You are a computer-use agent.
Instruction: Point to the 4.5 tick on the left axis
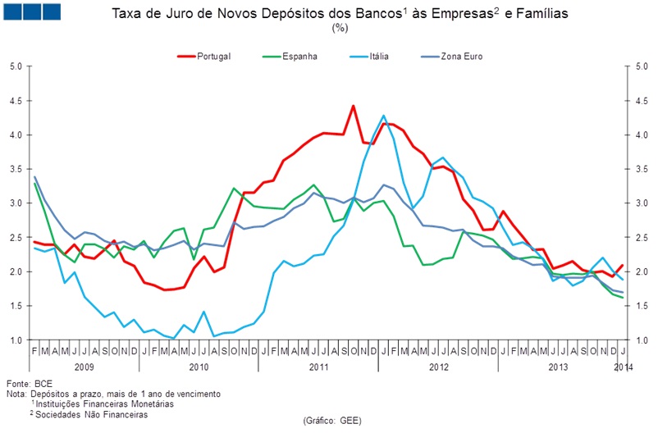point(16,101)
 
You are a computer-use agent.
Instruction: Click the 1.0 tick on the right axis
point(642,340)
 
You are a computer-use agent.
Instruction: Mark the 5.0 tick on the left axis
point(16,66)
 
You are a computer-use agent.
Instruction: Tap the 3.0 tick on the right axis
point(642,203)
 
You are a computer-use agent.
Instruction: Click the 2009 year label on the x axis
point(85,367)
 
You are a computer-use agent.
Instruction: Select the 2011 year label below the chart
point(319,367)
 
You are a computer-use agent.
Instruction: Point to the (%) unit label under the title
point(340,28)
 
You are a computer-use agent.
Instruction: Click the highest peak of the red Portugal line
point(353,106)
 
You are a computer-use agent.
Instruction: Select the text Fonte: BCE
point(30,384)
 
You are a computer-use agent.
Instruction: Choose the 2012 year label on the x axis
point(436,367)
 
